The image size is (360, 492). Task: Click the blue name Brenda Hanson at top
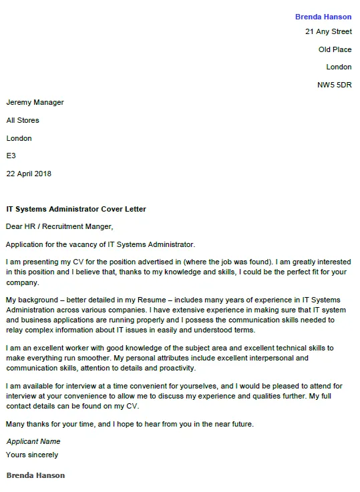click(x=323, y=17)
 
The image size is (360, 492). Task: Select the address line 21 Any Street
click(x=328, y=31)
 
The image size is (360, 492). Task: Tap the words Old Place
click(x=335, y=49)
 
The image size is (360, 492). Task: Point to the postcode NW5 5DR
click(x=334, y=85)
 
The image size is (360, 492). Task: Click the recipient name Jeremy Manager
click(x=35, y=102)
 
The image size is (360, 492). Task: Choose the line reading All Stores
click(x=23, y=120)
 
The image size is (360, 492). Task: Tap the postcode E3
click(x=11, y=156)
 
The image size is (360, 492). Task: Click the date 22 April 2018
click(x=29, y=174)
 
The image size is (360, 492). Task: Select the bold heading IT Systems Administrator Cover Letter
click(x=76, y=209)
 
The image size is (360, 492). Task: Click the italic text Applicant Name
click(x=33, y=441)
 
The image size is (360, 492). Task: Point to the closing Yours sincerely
click(x=32, y=455)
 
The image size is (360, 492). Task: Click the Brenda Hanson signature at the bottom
click(x=35, y=475)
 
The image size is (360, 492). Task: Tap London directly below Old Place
click(x=339, y=67)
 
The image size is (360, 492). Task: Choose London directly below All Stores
click(x=19, y=138)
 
